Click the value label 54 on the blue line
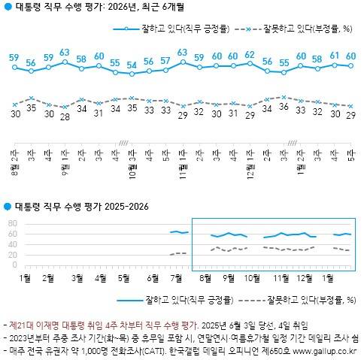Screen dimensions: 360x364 132,65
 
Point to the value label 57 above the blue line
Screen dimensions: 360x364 165,60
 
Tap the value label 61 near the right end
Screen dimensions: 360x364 334,56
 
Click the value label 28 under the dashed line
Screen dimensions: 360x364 65,116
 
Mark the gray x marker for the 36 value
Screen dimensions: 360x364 284,96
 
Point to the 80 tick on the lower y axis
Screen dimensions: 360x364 11,223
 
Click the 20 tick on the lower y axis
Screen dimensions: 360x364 11,254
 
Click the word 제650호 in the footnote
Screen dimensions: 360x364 275,351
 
